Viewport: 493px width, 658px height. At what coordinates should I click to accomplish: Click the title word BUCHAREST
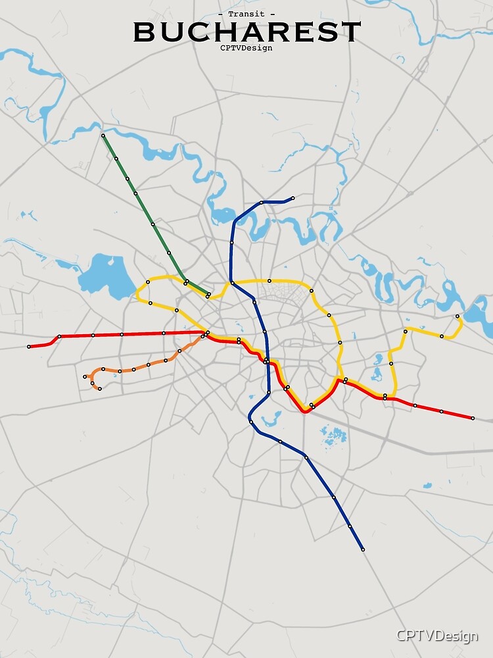(247, 32)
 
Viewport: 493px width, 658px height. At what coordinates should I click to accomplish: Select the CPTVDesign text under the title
(246, 47)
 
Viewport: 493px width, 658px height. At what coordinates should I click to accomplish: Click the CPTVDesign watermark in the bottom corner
(436, 636)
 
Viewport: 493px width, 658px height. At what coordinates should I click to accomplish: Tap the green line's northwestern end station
(103, 136)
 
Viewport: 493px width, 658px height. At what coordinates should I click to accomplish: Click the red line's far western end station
(28, 347)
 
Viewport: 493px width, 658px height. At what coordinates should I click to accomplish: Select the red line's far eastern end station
(473, 418)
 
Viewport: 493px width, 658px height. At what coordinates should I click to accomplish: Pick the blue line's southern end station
(362, 549)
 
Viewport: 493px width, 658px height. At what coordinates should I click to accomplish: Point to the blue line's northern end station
(293, 197)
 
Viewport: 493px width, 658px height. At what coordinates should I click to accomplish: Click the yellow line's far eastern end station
(458, 316)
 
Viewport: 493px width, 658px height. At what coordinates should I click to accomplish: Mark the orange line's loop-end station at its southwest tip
(99, 389)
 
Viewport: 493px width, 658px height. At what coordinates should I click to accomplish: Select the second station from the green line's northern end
(116, 159)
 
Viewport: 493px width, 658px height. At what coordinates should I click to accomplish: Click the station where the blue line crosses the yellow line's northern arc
(233, 283)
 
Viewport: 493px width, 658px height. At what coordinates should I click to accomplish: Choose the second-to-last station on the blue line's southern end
(350, 526)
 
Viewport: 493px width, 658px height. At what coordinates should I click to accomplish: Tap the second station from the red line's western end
(59, 337)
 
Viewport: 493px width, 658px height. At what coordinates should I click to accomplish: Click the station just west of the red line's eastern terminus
(441, 412)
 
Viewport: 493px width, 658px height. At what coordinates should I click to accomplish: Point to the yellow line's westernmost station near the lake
(147, 282)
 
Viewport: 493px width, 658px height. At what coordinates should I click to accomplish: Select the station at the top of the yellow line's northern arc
(269, 281)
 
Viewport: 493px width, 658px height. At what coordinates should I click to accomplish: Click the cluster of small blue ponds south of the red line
(333, 434)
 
